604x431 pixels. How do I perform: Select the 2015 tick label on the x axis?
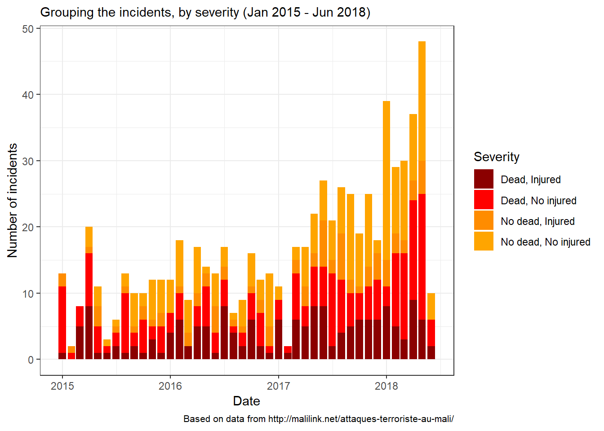pyautogui.click(x=62, y=386)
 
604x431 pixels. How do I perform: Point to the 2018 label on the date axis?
pyautogui.click(x=386, y=386)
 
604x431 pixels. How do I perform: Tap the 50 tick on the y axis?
pyautogui.click(x=28, y=29)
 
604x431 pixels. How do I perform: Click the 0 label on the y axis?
pyautogui.click(x=31, y=360)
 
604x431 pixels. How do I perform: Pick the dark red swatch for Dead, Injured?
pyautogui.click(x=484, y=179)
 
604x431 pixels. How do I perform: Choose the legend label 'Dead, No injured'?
pyautogui.click(x=538, y=201)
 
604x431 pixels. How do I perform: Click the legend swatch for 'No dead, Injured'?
pyautogui.click(x=484, y=221)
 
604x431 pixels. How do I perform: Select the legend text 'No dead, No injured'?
pyautogui.click(x=545, y=242)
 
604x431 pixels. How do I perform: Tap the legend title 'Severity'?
pyautogui.click(x=496, y=157)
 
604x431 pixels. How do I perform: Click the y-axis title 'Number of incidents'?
pyautogui.click(x=13, y=200)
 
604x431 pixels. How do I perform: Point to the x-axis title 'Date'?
pyautogui.click(x=246, y=401)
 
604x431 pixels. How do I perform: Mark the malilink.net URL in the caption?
pyautogui.click(x=361, y=419)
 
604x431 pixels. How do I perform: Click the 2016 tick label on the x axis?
pyautogui.click(x=170, y=386)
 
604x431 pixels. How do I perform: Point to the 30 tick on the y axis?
pyautogui.click(x=28, y=161)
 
